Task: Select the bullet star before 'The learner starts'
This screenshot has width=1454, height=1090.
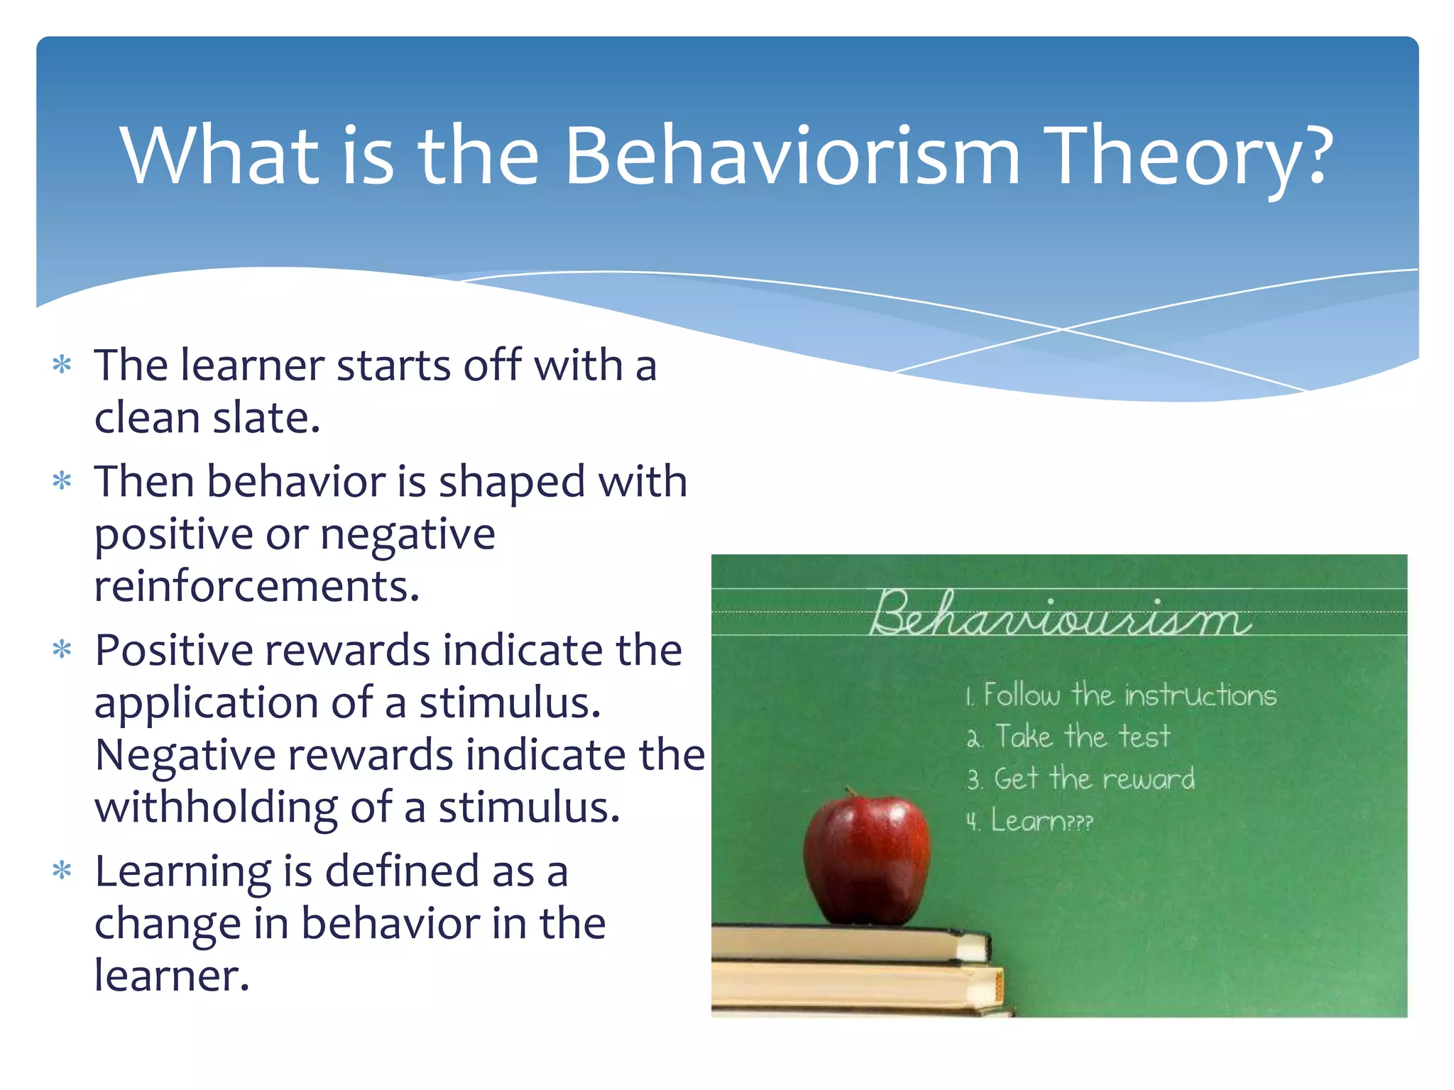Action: [62, 365]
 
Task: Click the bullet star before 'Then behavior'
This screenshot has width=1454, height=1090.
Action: [62, 482]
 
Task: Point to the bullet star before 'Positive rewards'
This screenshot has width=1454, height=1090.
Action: [62, 650]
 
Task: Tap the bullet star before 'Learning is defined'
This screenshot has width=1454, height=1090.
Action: [62, 871]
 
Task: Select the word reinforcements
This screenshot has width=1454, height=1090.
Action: [257, 586]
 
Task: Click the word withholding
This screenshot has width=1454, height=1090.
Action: [216, 808]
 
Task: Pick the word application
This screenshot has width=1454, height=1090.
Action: [206, 703]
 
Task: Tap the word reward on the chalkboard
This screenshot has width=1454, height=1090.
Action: [1148, 779]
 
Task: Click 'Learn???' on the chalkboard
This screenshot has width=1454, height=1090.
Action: [1041, 821]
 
